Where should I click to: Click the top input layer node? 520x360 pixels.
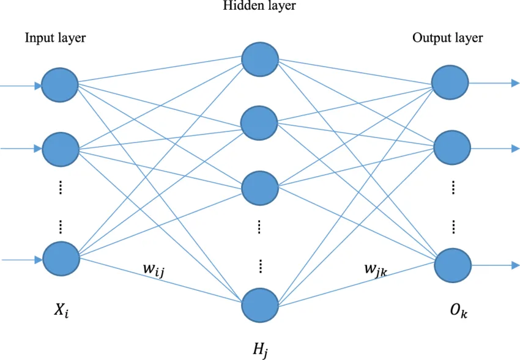pyautogui.click(x=60, y=85)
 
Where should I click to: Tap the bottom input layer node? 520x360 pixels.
pyautogui.click(x=61, y=258)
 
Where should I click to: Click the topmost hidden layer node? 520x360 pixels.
pyautogui.click(x=261, y=59)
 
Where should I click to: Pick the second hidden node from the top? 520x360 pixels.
pyautogui.click(x=261, y=122)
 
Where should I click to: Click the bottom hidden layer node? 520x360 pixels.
pyautogui.click(x=261, y=304)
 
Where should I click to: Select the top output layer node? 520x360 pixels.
pyautogui.click(x=450, y=82)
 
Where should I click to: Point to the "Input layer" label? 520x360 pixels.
pyautogui.click(x=55, y=38)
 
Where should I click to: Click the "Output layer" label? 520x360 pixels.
pyautogui.click(x=447, y=38)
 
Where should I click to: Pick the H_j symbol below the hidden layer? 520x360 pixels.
pyautogui.click(x=260, y=350)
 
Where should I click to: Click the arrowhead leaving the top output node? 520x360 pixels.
pyautogui.click(x=514, y=83)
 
